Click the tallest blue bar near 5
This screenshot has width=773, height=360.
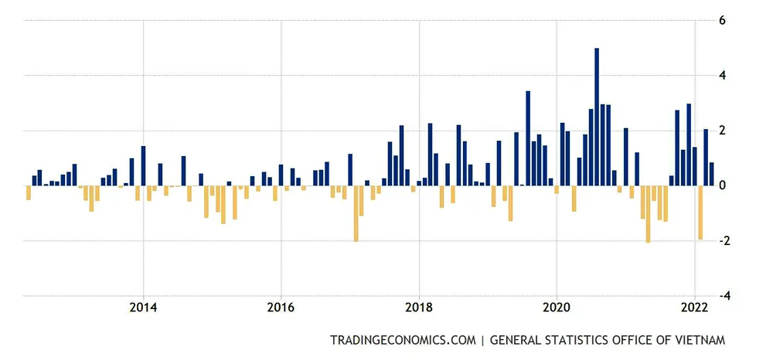pyautogui.click(x=597, y=117)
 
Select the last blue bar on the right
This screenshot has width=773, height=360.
pyautogui.click(x=711, y=174)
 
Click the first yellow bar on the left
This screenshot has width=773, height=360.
pyautogui.click(x=29, y=192)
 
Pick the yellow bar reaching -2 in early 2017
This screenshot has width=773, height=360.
pyautogui.click(x=356, y=213)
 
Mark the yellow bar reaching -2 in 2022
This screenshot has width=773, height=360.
pyautogui.click(x=700, y=212)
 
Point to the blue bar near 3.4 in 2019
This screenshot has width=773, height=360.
pyautogui.click(x=528, y=138)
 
